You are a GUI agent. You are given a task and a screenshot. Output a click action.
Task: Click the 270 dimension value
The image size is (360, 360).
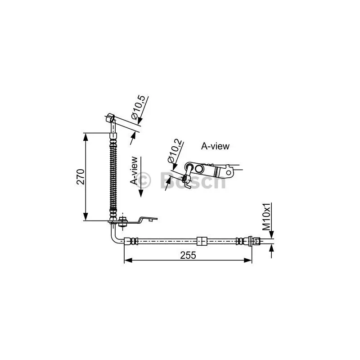click(x=81, y=177)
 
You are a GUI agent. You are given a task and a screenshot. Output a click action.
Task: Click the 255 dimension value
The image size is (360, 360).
click(x=188, y=255)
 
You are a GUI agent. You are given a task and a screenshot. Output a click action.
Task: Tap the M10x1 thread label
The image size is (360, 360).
click(x=267, y=217)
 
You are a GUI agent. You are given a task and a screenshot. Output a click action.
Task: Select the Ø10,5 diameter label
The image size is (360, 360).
click(x=138, y=108)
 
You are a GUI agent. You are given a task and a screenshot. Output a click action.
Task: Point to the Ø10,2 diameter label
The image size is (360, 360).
click(x=175, y=151)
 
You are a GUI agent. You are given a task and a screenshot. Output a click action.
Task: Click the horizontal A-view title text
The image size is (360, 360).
click(x=215, y=146)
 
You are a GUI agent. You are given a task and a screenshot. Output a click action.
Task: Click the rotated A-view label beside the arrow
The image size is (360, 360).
click(x=134, y=171)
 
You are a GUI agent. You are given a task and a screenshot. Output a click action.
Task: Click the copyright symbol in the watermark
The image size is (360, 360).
click(x=143, y=180)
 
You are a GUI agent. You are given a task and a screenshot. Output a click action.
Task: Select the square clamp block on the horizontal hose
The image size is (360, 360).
click(x=202, y=241)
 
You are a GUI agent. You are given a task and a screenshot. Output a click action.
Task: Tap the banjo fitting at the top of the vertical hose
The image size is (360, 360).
click(x=111, y=117)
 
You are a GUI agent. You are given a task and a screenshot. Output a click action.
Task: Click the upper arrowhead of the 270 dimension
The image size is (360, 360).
click(x=85, y=137)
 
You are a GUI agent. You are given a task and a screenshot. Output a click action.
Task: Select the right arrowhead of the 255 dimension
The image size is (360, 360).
click(x=248, y=260)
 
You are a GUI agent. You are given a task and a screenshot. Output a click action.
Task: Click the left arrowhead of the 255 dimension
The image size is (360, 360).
click(x=128, y=260)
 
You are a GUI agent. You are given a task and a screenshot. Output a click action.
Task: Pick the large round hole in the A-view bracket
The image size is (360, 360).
click(x=199, y=169)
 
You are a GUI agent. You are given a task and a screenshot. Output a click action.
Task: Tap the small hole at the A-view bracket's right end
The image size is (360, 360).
click(x=229, y=172)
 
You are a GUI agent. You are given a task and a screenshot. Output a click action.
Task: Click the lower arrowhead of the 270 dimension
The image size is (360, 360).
click(x=85, y=217)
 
